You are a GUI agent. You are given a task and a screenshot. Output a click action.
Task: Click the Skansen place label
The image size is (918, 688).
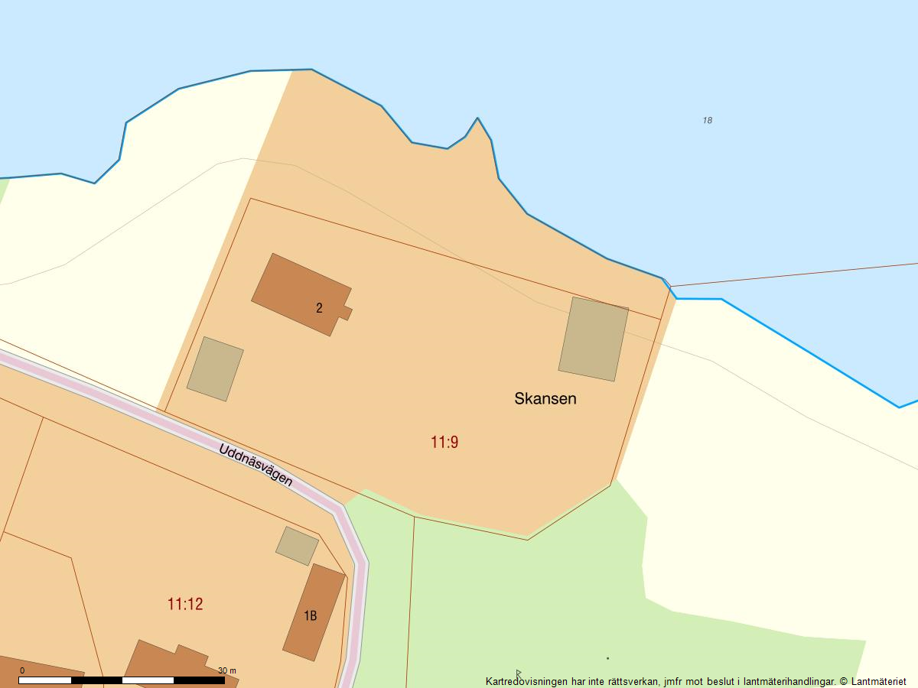point(545,398)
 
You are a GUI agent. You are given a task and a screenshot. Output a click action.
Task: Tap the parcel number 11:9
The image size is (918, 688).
point(444,442)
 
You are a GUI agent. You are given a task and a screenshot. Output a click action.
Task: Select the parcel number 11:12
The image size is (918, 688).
point(185,604)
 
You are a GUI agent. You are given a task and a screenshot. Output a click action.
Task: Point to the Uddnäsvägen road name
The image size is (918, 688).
point(256,465)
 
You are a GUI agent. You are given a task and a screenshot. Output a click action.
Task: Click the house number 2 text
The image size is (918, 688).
point(319,308)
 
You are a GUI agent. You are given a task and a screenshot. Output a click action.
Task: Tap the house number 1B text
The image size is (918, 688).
point(310,615)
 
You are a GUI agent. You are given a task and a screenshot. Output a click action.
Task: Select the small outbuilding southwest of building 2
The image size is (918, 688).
point(215,368)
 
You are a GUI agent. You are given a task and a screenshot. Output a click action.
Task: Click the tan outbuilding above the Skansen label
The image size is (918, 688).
point(594,339)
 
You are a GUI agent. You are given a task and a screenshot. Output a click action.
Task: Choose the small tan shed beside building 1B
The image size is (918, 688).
point(297,546)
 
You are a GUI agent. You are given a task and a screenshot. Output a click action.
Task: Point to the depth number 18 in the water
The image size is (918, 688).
point(707,120)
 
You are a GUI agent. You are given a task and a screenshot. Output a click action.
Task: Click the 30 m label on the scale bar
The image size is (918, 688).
point(227,670)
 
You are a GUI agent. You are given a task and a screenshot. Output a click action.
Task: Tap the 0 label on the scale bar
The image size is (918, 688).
point(21,670)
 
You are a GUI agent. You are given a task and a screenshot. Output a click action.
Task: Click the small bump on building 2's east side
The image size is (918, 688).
point(347,313)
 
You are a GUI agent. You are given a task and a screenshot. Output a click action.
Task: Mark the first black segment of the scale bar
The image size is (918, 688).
point(96,680)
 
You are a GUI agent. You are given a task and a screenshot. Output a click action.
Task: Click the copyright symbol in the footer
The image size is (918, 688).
point(844,681)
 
